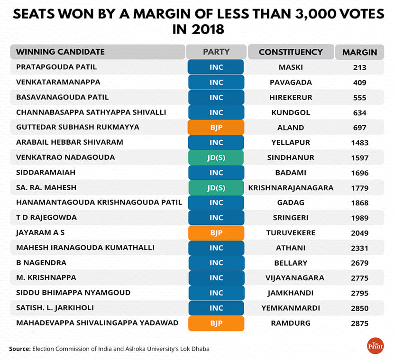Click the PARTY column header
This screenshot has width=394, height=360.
point(216,52)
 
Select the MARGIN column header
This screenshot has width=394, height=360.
point(359,53)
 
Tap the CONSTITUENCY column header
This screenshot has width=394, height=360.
point(291,52)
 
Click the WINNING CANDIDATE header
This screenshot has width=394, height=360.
point(60,52)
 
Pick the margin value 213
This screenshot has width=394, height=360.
point(359,67)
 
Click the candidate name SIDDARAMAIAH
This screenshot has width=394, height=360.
point(38,173)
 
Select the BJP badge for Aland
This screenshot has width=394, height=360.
point(216,128)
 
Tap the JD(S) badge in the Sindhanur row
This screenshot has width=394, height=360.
point(216,157)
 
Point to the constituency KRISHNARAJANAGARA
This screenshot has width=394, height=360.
point(291,188)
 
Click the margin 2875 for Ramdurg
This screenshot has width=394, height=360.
point(360,323)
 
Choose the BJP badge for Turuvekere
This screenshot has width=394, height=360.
point(216,233)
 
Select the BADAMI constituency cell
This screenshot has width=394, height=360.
point(291,173)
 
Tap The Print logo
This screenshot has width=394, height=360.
point(375,346)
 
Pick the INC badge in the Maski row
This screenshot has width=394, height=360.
point(216,67)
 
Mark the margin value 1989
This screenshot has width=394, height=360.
point(360,218)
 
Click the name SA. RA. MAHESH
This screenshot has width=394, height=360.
point(46,188)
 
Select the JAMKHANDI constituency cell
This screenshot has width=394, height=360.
point(291,293)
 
